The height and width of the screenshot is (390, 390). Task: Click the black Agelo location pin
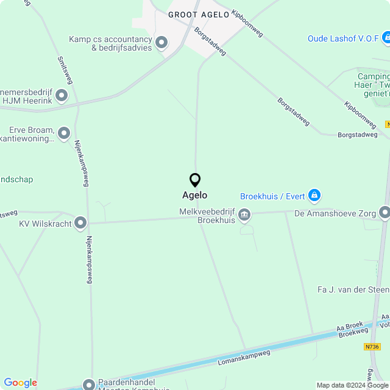click(x=195, y=180)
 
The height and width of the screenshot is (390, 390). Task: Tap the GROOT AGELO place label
click(x=199, y=14)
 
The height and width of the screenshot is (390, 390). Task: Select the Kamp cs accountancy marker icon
click(x=161, y=43)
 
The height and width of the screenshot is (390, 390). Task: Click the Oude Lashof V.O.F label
click(x=344, y=38)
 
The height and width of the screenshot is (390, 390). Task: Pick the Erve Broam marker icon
click(x=64, y=134)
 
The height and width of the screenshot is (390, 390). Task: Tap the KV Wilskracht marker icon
click(x=80, y=223)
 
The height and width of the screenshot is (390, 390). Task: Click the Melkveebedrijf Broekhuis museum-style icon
click(x=244, y=214)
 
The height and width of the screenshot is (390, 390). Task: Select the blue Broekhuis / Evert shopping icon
click(x=314, y=196)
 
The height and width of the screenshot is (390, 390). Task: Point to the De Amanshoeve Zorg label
click(x=335, y=213)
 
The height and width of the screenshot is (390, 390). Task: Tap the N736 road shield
click(x=372, y=347)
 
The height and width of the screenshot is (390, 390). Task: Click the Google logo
click(x=20, y=383)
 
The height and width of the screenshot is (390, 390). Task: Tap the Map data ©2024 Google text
click(x=352, y=385)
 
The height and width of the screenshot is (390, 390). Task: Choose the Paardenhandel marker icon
click(x=89, y=385)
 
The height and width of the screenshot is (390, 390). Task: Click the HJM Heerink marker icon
click(x=62, y=95)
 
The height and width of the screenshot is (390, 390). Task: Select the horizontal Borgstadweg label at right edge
click(x=358, y=135)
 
